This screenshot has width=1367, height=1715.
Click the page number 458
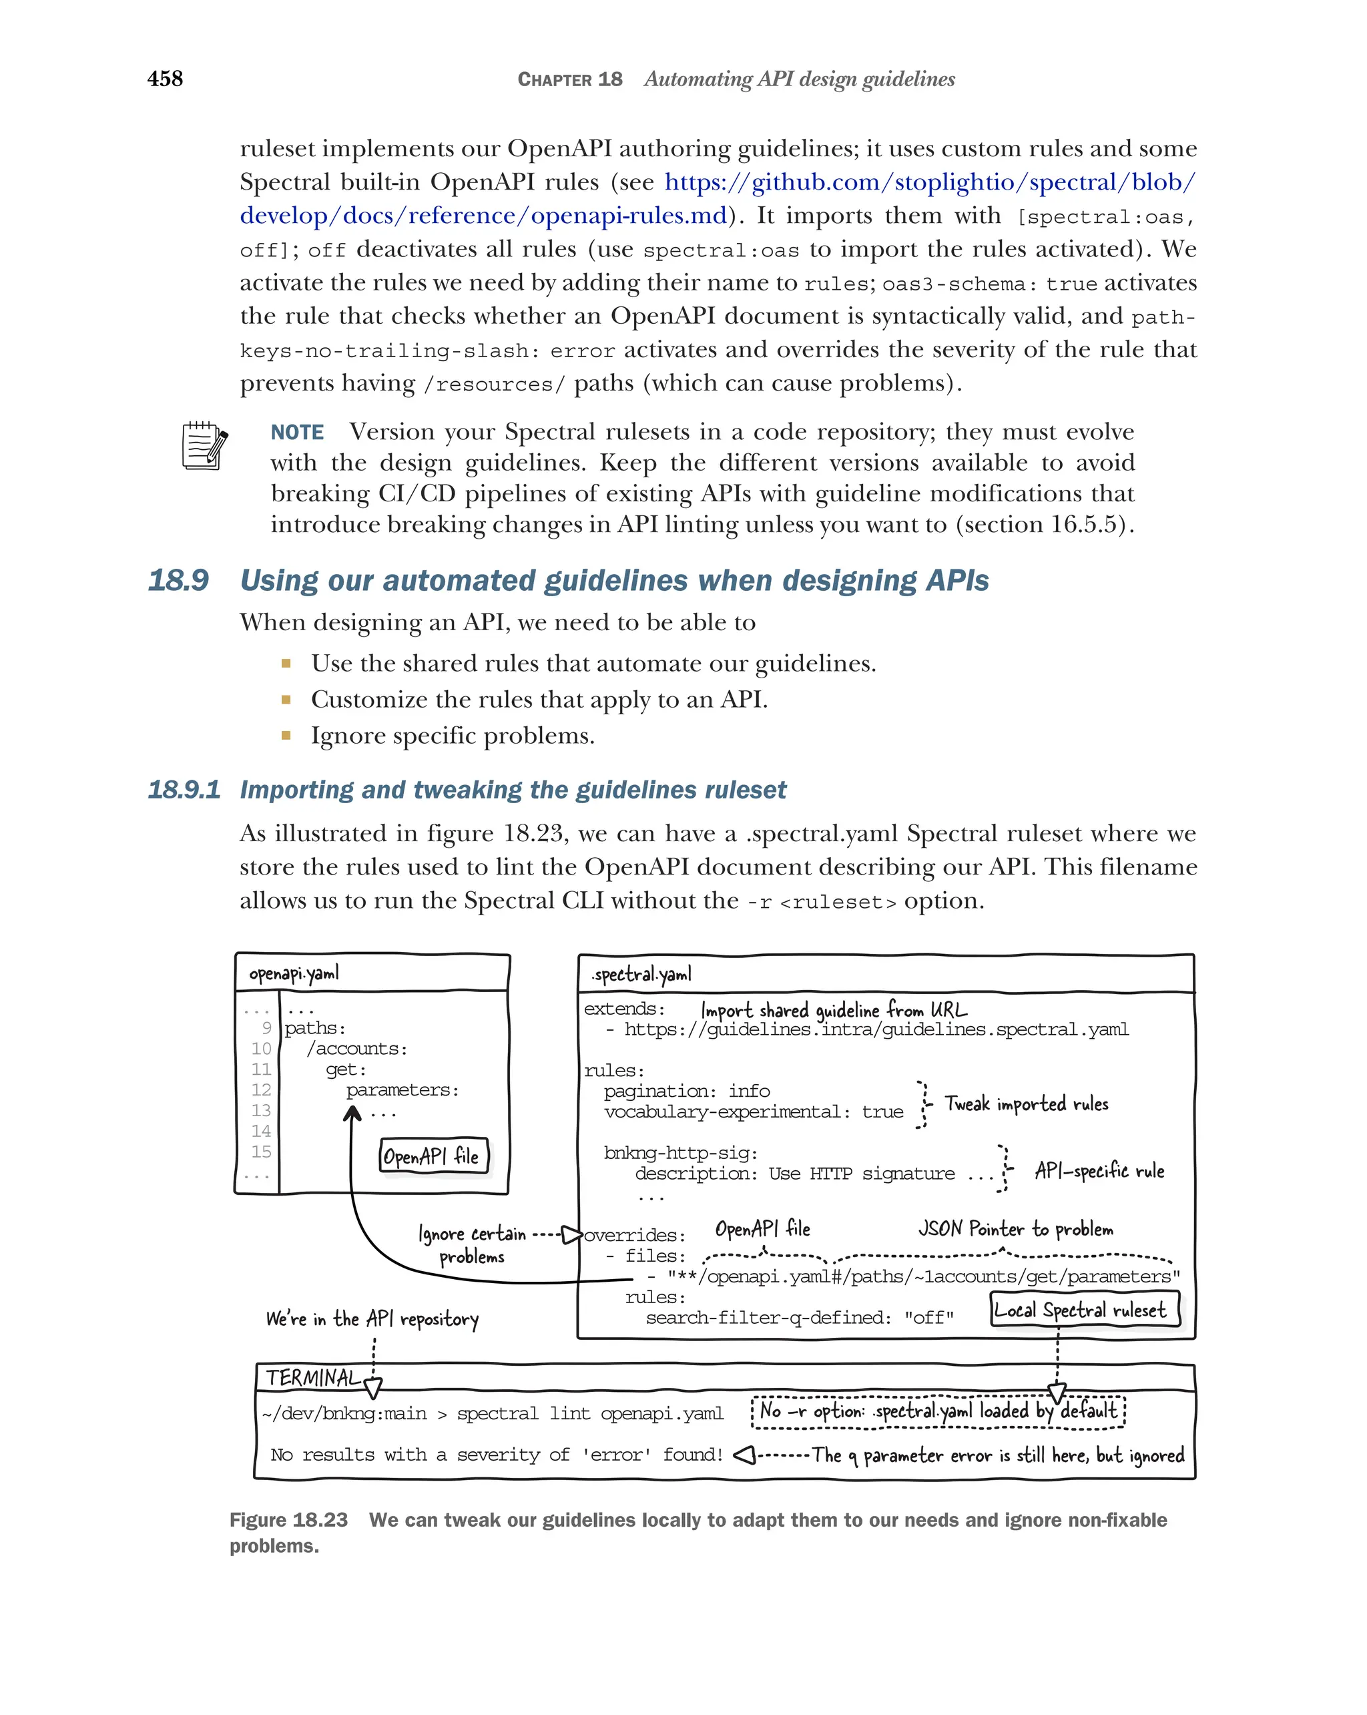[165, 79]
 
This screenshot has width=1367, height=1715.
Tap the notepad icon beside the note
[204, 445]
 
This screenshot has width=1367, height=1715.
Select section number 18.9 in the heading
[178, 581]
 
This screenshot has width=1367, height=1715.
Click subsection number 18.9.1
[184, 790]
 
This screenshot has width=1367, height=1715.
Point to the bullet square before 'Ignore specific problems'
[286, 736]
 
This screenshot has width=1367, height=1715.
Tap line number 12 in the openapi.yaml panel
[261, 1089]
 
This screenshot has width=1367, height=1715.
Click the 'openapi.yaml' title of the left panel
[294, 973]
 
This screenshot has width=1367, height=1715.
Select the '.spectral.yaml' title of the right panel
[641, 975]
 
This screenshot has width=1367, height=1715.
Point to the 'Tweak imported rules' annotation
[1026, 1104]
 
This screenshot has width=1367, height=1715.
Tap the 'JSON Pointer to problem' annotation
[1015, 1229]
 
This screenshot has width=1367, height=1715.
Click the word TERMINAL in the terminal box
[312, 1378]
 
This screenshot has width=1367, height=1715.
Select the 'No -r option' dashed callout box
[938, 1411]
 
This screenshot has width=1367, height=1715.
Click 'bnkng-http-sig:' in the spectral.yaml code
[680, 1153]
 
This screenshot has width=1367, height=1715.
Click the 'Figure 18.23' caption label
[288, 1520]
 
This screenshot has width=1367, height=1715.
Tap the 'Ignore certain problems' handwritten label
[473, 1245]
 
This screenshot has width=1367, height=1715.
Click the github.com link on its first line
[929, 182]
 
